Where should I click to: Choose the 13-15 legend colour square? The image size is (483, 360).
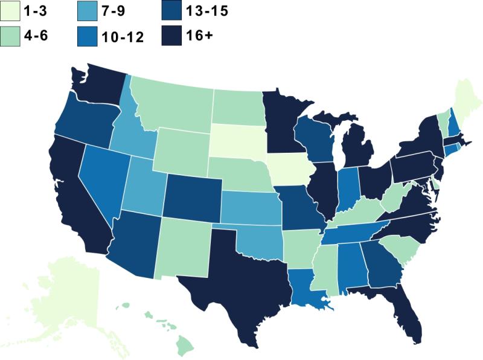171,10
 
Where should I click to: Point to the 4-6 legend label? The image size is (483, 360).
36,36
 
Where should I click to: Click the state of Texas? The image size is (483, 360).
241,278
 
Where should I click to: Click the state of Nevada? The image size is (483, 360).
100,181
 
